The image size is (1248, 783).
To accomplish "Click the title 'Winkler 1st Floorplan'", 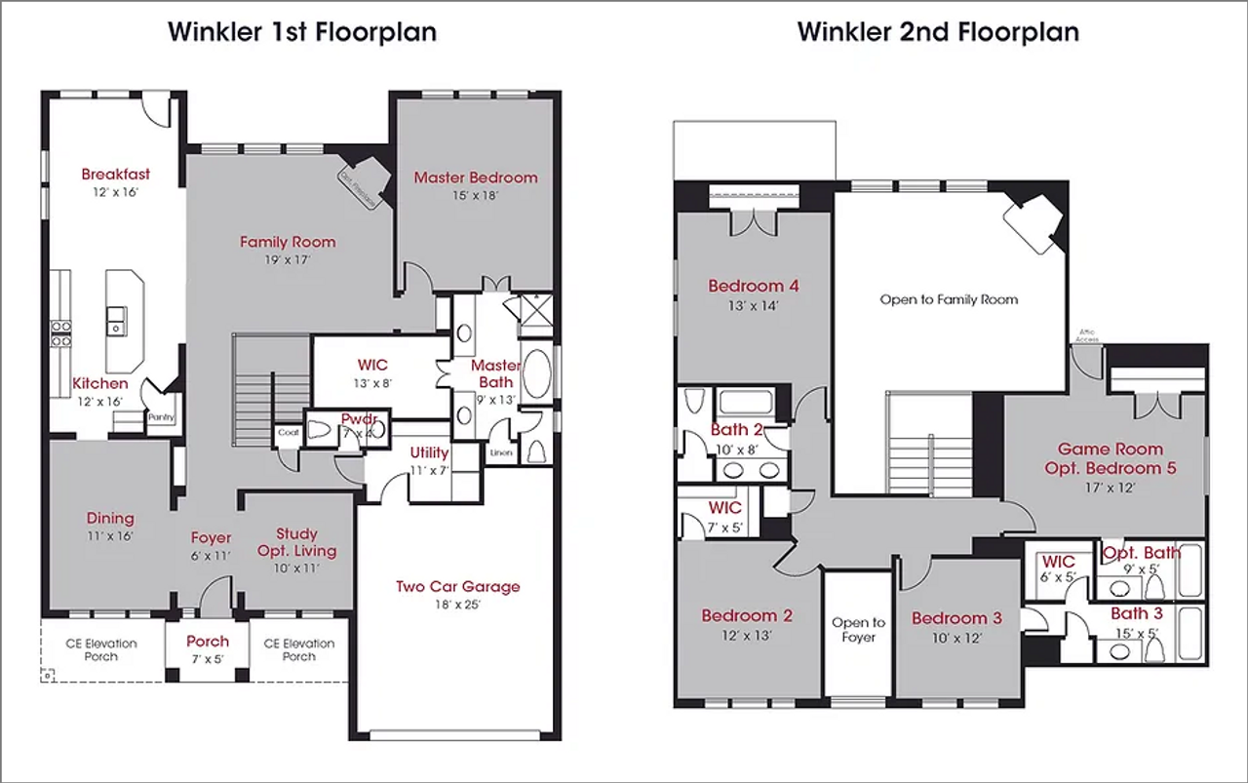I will click(301, 31).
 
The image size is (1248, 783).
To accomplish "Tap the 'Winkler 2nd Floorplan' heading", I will click(938, 31).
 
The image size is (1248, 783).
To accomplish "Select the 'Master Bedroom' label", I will click(475, 177).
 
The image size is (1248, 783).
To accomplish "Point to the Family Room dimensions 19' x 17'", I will click(288, 260).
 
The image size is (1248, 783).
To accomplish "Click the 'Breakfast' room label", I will click(115, 174).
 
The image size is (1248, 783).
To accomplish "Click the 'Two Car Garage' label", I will click(457, 586).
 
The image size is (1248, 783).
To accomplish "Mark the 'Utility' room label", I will click(429, 452).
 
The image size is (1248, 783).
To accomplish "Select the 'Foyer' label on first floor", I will click(211, 537).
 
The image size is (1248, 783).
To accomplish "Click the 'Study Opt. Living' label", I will click(295, 542).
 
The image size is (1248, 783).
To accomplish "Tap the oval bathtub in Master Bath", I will click(537, 373).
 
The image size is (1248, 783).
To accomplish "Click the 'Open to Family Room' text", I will click(948, 299).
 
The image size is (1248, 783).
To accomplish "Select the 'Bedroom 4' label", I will click(753, 286).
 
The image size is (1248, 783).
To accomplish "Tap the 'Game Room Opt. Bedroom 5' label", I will click(1110, 458).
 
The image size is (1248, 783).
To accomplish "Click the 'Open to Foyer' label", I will click(858, 630).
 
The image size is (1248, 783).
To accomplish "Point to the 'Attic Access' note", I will click(1087, 335).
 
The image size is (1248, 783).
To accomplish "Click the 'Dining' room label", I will click(110, 519).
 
